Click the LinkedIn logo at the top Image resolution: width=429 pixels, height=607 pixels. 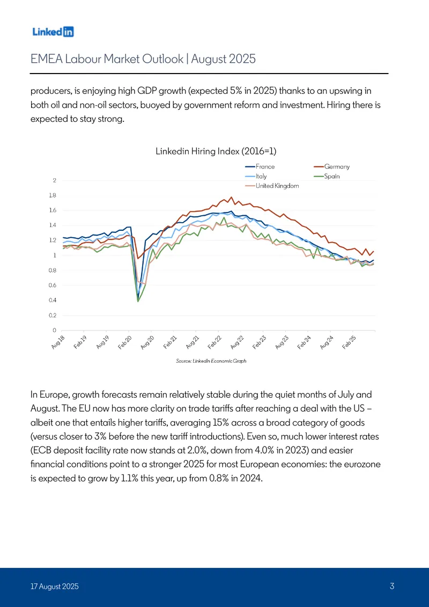click(53, 32)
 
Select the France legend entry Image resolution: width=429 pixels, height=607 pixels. click(260, 166)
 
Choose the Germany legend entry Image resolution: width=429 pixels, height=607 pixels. click(331, 166)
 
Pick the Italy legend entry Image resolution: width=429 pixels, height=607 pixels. click(256, 176)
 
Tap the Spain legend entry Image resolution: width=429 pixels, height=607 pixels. click(327, 176)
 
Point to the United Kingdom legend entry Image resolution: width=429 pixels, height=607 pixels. click(272, 186)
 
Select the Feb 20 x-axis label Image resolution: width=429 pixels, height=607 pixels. click(125, 343)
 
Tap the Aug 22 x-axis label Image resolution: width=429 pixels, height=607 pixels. click(237, 343)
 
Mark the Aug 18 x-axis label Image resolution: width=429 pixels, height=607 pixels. click(57, 343)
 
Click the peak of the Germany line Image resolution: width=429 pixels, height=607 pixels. click(231, 197)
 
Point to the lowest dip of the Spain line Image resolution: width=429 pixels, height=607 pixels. click(138, 301)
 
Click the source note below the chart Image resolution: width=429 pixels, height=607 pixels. click(211, 361)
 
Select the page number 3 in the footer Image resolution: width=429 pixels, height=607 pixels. click(392, 586)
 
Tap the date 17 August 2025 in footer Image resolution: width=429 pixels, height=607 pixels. click(55, 587)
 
